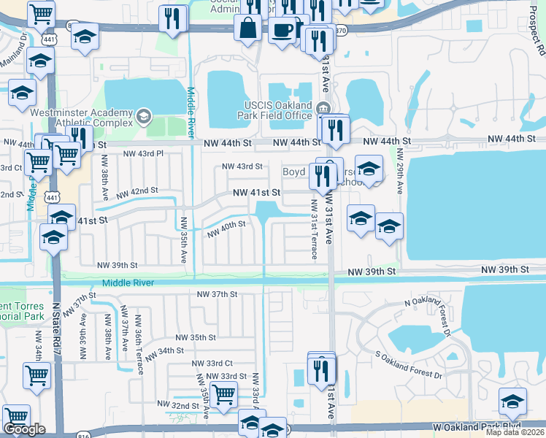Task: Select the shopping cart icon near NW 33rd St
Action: click(224, 394)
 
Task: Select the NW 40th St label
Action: click(226, 231)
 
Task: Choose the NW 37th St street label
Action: click(218, 294)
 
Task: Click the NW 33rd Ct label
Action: click(212, 363)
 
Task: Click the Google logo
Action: click(24, 429)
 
